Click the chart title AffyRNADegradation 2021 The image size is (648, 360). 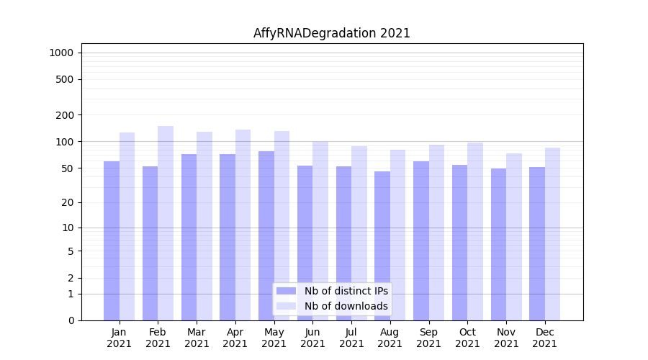pyautogui.click(x=331, y=33)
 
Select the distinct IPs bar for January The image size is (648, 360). pyautogui.click(x=112, y=240)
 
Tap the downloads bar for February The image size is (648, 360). pyautogui.click(x=166, y=223)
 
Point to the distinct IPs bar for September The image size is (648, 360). pyautogui.click(x=421, y=240)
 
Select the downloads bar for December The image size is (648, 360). pyautogui.click(x=552, y=234)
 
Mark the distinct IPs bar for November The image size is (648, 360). pyautogui.click(x=498, y=244)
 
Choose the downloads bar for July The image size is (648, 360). pyautogui.click(x=359, y=233)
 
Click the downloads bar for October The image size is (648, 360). pyautogui.click(x=475, y=231)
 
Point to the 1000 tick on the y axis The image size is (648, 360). pyautogui.click(x=61, y=53)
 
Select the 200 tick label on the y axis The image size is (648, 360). pyautogui.click(x=66, y=115)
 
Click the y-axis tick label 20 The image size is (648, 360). pyautogui.click(x=68, y=203)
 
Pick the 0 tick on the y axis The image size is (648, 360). pyautogui.click(x=71, y=320)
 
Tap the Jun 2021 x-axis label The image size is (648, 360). pyautogui.click(x=312, y=338)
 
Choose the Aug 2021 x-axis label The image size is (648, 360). pyautogui.click(x=390, y=338)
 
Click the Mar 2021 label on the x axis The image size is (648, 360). pyautogui.click(x=197, y=338)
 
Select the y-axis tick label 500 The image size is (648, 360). pyautogui.click(x=66, y=79)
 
